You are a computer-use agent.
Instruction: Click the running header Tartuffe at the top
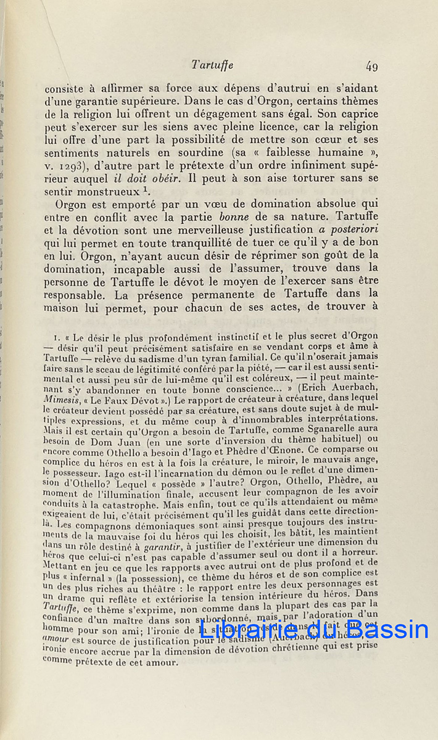(212, 64)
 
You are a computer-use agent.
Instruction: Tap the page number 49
(371, 65)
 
